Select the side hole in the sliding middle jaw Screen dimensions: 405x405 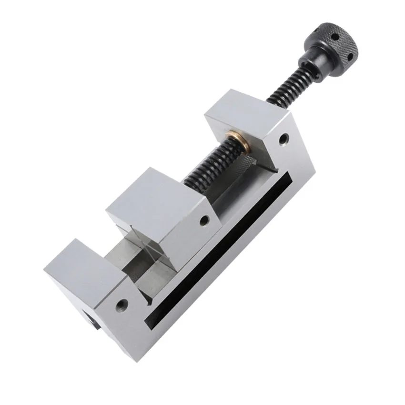[203, 221]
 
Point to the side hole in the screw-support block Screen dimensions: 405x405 [284, 140]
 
